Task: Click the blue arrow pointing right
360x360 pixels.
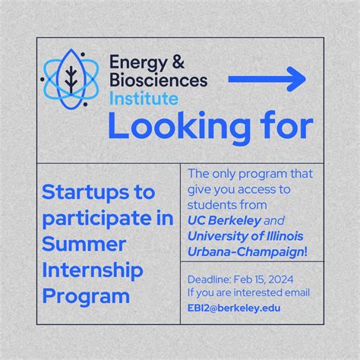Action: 267,78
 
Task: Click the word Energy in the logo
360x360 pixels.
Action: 136,62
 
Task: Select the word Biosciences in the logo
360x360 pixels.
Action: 157,81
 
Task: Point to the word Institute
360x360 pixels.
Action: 144,98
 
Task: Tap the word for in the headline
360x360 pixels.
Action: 274,126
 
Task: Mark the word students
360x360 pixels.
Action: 210,204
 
